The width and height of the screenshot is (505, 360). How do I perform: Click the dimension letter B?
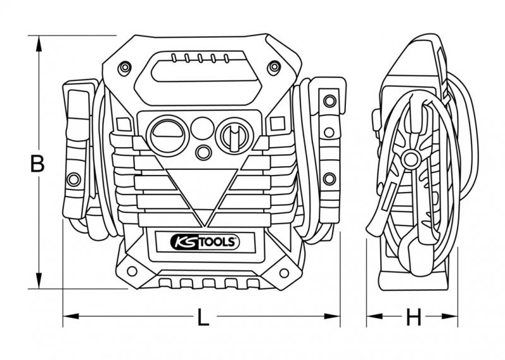click(38, 164)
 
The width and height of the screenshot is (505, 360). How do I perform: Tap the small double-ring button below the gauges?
click(203, 152)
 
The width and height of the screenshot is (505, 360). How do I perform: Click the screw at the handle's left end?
click(125, 67)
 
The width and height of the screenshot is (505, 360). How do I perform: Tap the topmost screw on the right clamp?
click(328, 99)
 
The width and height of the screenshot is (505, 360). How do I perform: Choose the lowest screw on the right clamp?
click(328, 178)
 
